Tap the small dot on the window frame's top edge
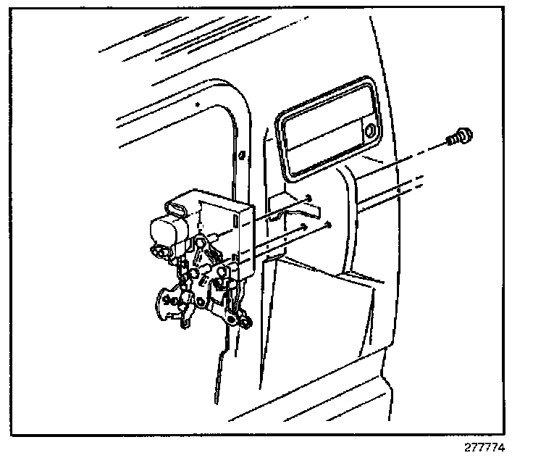tap(198, 105)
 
